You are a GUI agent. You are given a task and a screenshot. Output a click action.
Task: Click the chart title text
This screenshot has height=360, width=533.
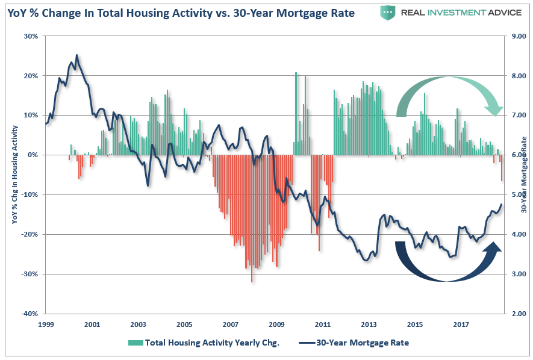[x=181, y=12]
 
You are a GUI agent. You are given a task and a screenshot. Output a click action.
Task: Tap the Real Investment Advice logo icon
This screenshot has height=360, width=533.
[x=389, y=12]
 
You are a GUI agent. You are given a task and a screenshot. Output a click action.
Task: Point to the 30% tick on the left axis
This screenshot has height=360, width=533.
[x=30, y=36]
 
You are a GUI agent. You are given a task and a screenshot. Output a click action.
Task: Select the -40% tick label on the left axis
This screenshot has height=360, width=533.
[x=30, y=314]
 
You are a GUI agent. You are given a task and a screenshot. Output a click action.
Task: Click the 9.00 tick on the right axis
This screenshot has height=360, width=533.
[x=519, y=36]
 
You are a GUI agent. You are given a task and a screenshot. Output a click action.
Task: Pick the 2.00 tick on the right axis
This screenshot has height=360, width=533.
[x=519, y=314]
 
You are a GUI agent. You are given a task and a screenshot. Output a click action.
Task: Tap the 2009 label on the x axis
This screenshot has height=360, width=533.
[x=276, y=324]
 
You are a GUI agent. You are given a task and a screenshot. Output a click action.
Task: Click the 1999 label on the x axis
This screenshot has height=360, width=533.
[x=46, y=324]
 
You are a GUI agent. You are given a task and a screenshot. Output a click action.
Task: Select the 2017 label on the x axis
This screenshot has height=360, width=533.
[x=461, y=324]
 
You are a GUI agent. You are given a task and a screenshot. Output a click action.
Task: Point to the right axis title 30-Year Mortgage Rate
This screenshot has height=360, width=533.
[x=524, y=175]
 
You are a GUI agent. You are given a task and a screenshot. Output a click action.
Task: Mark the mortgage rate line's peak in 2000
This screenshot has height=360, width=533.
[x=76, y=55]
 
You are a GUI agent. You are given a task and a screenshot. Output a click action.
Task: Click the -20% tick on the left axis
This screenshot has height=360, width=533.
[x=30, y=234]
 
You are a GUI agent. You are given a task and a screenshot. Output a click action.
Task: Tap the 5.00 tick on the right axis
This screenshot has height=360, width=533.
[x=519, y=195]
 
